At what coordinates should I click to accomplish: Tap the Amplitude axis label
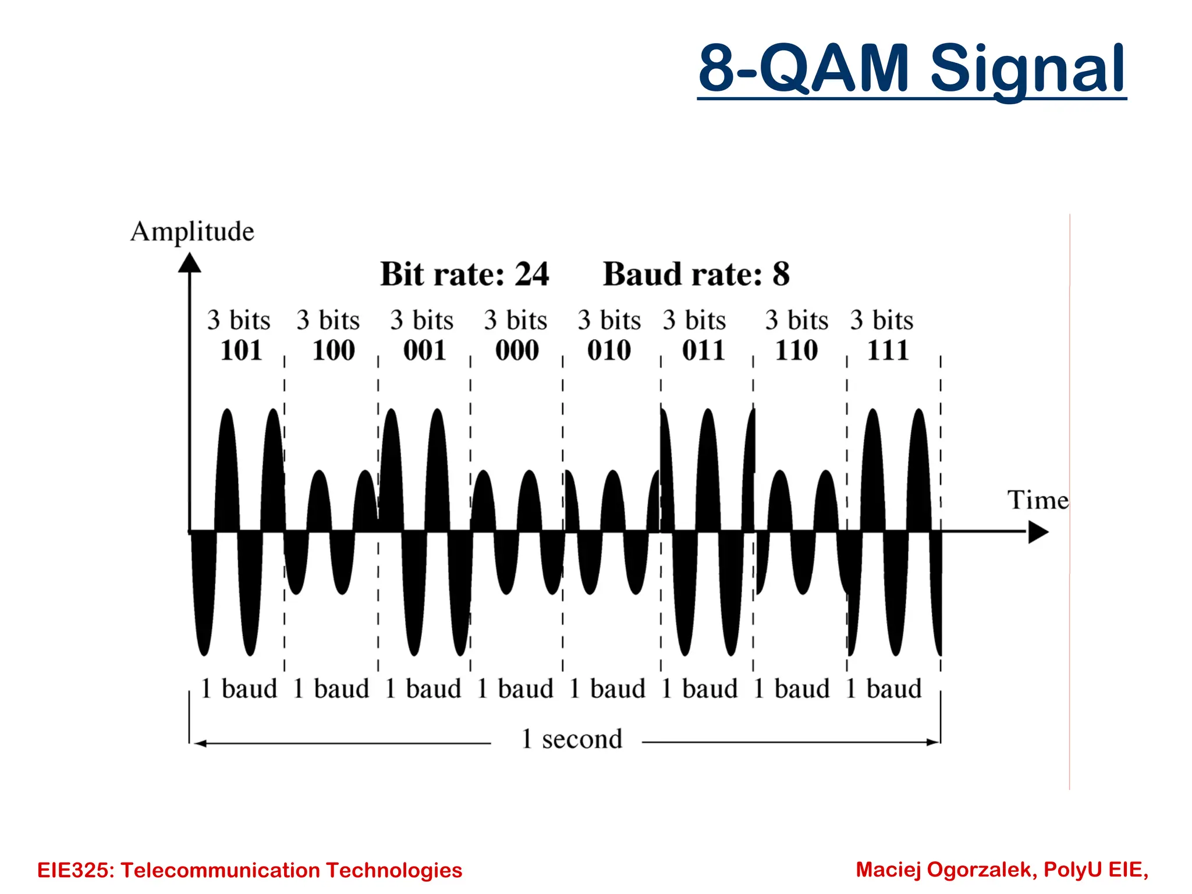[x=192, y=232]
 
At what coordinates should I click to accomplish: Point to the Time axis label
[x=1038, y=500]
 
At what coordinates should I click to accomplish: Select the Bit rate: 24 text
[x=464, y=274]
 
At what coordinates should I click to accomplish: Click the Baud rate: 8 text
[x=696, y=274]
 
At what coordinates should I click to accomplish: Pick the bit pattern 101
[x=241, y=350]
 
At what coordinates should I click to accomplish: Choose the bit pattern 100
[x=334, y=350]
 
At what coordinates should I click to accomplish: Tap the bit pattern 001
[x=425, y=350]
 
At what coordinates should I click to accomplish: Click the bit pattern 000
[x=517, y=350]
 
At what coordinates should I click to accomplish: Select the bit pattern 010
[x=609, y=350]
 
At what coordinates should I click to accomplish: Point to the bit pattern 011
[x=704, y=350]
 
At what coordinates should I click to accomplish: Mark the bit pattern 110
[x=796, y=350]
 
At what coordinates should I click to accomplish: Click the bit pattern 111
[x=888, y=350]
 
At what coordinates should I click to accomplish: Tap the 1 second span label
[x=572, y=739]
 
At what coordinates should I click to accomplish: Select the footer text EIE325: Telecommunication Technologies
[x=250, y=870]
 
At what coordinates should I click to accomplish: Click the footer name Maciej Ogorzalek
[x=946, y=870]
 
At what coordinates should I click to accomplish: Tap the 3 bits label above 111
[x=881, y=320]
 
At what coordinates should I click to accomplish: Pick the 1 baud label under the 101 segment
[x=239, y=689]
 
